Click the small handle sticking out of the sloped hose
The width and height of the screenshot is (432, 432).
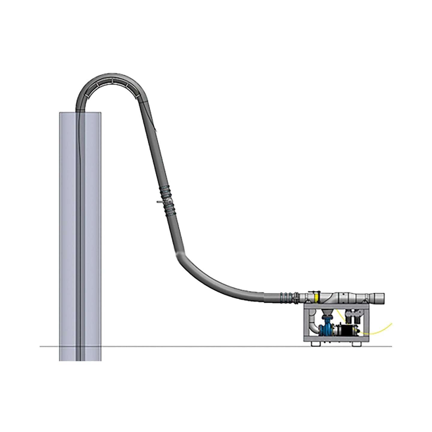coord(159,202)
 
